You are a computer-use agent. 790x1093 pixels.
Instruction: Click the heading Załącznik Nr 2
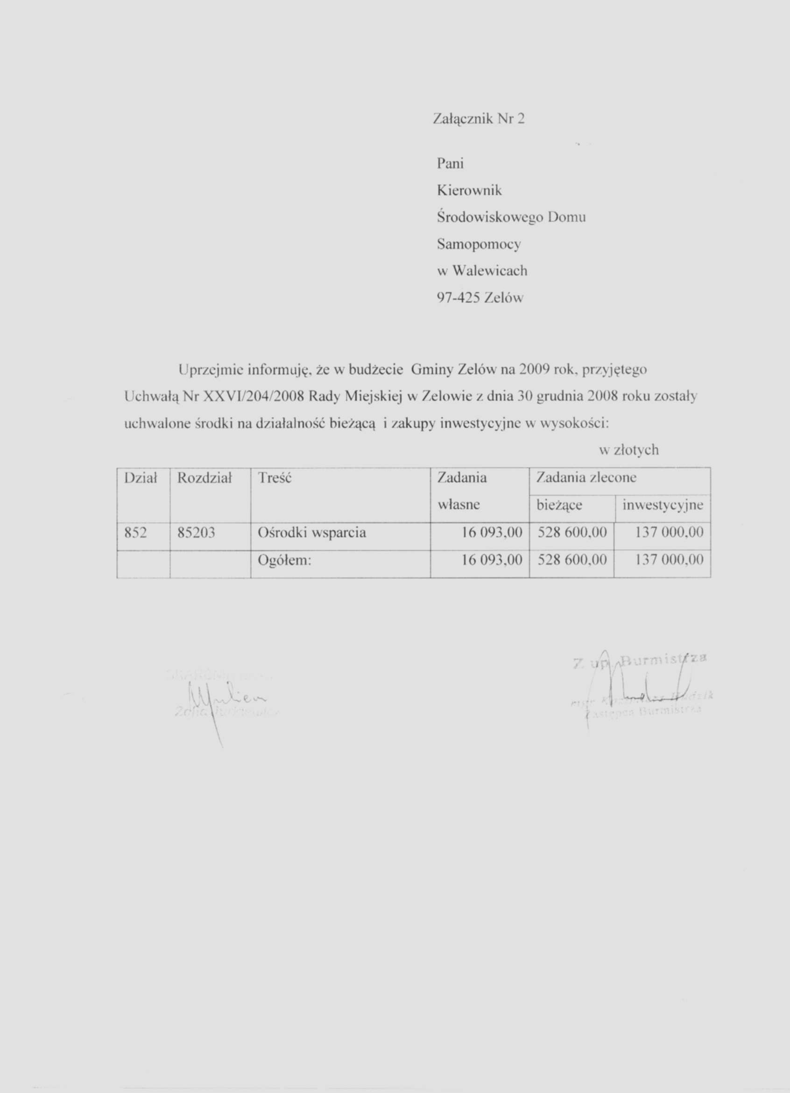coord(479,119)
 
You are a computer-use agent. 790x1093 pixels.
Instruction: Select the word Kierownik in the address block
coord(469,191)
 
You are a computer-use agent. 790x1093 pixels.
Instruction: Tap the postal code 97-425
coord(458,298)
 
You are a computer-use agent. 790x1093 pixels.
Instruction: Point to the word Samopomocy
coord(479,244)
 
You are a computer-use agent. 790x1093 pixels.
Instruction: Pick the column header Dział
coord(141,478)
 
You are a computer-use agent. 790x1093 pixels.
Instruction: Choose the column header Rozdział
coord(205,478)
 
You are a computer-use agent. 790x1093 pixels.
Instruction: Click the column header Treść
coord(275,478)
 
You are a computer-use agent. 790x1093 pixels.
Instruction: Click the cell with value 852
coord(135,532)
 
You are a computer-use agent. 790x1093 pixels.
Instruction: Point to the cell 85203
coord(196,532)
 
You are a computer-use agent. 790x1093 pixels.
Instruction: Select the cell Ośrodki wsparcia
coord(312,532)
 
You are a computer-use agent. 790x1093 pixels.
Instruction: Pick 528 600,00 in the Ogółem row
coord(572,560)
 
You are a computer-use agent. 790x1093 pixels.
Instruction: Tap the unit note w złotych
coord(629,451)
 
